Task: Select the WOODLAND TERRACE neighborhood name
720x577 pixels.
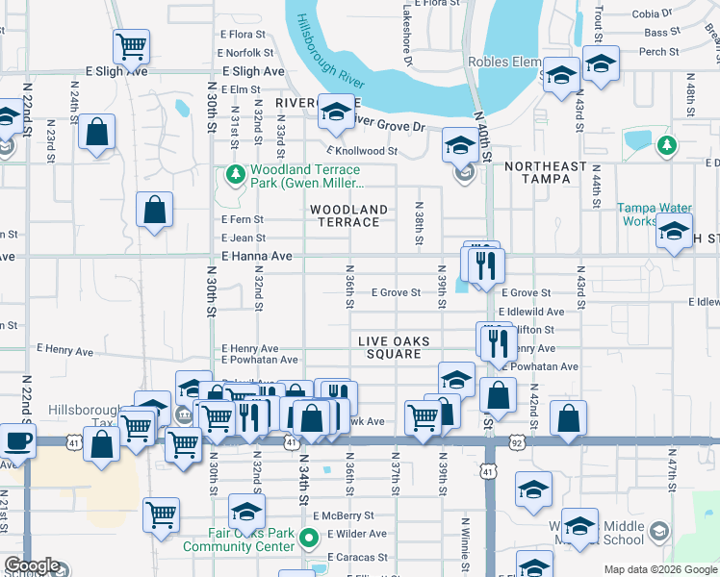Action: (348, 215)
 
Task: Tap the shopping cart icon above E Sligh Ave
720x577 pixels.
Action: (131, 44)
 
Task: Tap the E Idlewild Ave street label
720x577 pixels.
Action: (531, 312)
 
